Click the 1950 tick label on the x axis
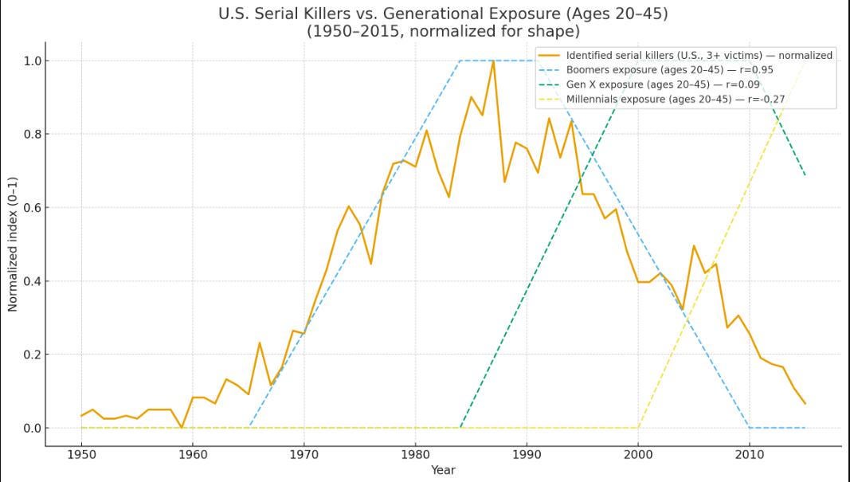point(81,454)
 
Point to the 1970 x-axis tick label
point(304,454)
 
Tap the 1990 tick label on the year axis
point(527,454)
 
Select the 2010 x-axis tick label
point(749,454)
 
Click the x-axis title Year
point(443,470)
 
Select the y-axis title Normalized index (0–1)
point(13,245)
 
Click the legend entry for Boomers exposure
point(653,70)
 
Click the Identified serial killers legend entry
point(685,55)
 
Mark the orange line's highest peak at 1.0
point(493,61)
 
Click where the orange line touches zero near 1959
point(182,428)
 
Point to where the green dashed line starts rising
point(460,428)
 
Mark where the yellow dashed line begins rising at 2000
point(638,428)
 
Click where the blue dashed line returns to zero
point(749,428)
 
